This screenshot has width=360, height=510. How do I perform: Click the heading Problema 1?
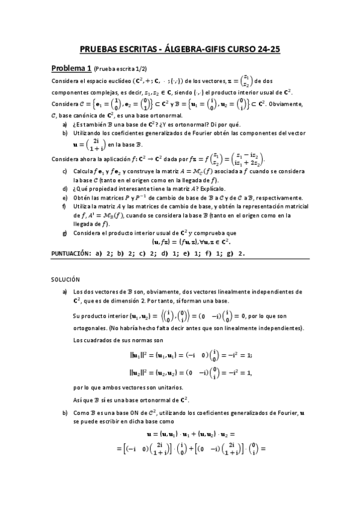point(71,68)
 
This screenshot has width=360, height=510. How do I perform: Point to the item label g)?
point(64,233)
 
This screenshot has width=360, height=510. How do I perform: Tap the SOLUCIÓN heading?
point(64,279)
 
